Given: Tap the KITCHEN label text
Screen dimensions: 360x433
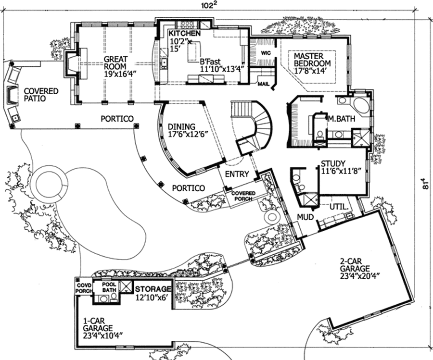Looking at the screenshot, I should coord(184,33).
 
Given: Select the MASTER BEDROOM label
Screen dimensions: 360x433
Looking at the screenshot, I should coord(312,60).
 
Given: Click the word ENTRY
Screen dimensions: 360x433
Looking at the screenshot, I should coord(237,174).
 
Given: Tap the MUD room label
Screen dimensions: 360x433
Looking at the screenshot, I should coord(305,217).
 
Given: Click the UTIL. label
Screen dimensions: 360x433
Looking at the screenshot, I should coord(338,207).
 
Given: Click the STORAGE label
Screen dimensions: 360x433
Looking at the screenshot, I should coord(153,289).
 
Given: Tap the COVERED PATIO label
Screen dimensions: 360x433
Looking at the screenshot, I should coord(41,95).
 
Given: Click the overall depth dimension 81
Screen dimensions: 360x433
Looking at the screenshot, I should coord(425,186).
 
